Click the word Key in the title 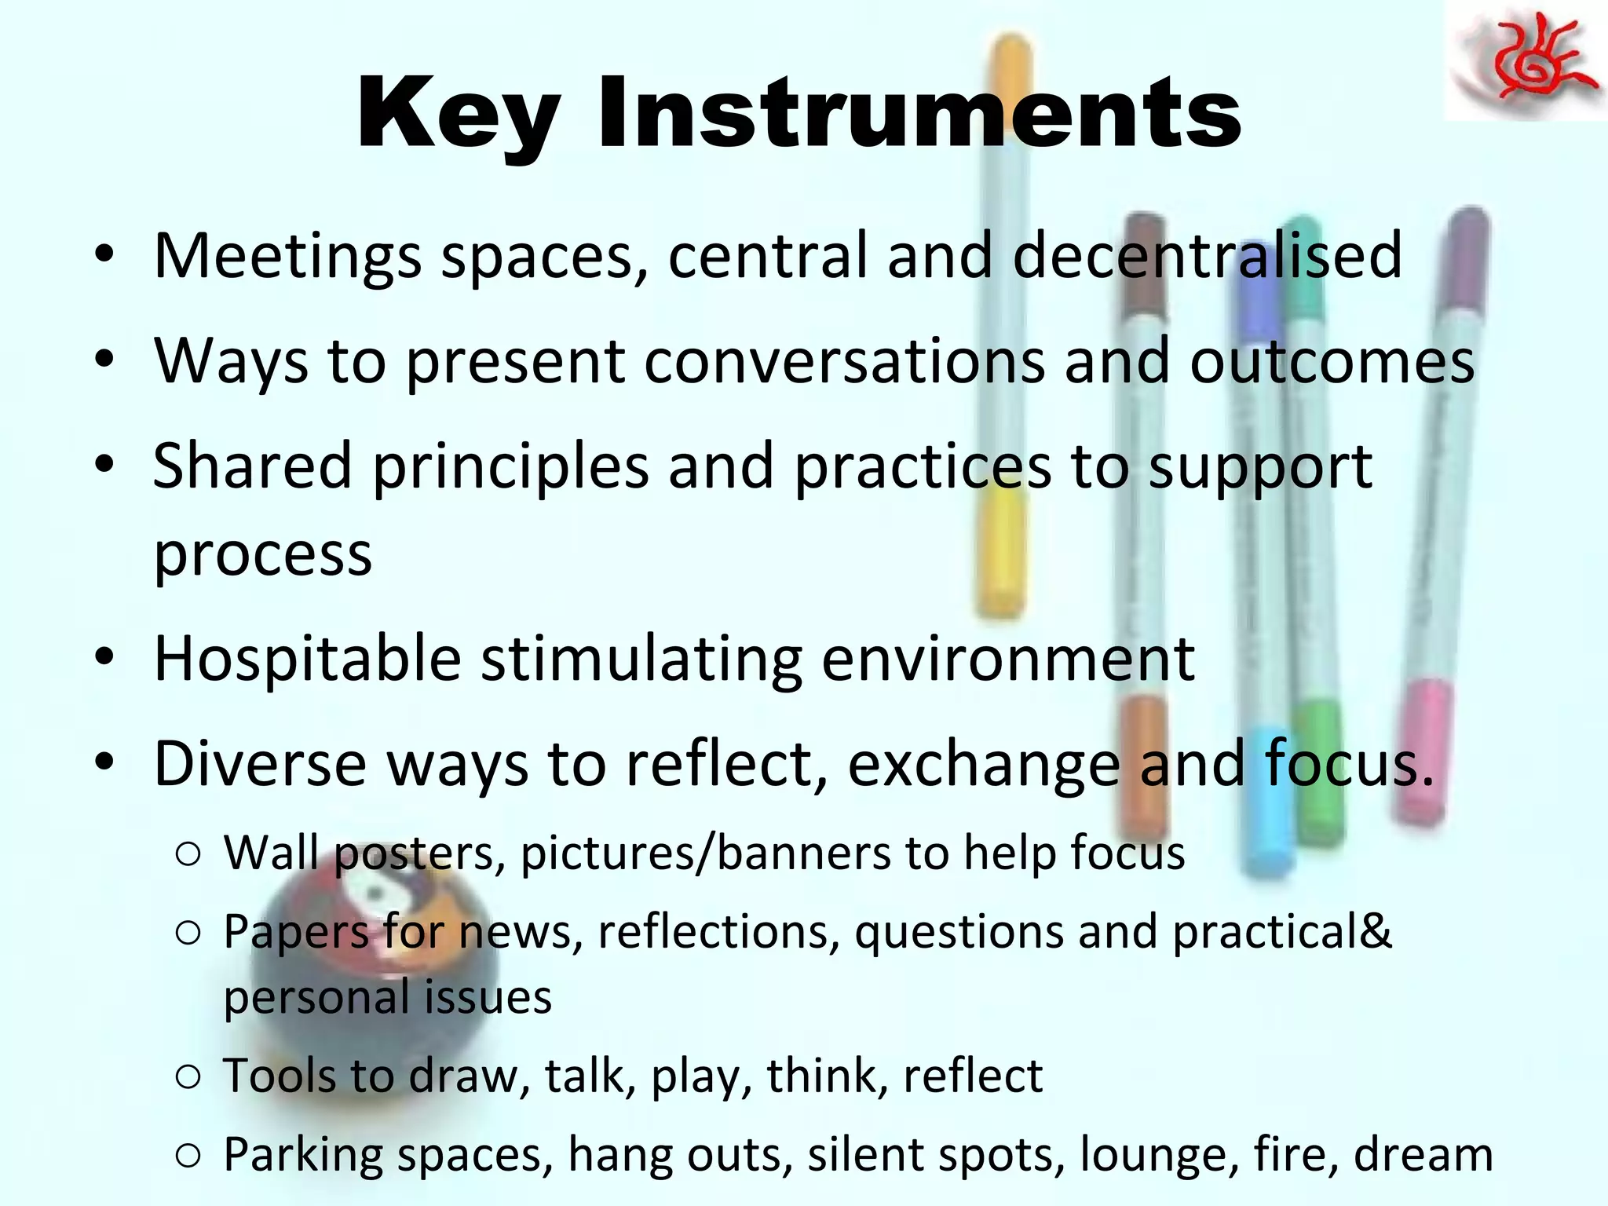pyautogui.click(x=459, y=114)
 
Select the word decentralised pyautogui.click(x=1207, y=255)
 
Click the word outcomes pyautogui.click(x=1332, y=361)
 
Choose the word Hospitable pyautogui.click(x=307, y=658)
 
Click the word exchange pyautogui.click(x=983, y=765)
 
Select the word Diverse pyautogui.click(x=260, y=763)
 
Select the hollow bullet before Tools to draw pyautogui.click(x=188, y=1076)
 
